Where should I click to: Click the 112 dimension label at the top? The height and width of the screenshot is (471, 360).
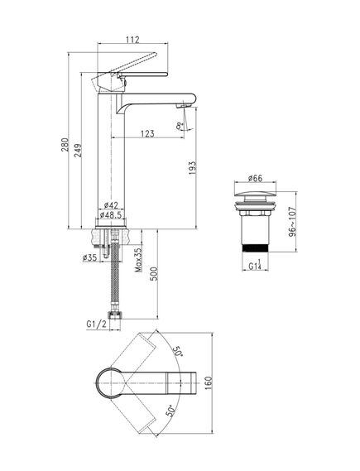(x=132, y=40)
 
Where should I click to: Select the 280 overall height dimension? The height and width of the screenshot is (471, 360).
(x=65, y=145)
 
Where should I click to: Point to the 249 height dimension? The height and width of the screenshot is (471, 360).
(x=78, y=151)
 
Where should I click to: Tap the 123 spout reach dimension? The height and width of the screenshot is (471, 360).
(x=147, y=133)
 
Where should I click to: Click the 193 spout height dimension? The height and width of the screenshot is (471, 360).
(x=192, y=168)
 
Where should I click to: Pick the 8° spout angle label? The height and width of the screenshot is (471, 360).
(x=180, y=126)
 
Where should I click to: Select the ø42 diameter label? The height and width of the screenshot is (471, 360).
(x=111, y=205)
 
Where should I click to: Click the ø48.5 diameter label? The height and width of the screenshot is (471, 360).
(x=111, y=215)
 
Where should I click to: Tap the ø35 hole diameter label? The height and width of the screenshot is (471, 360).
(x=89, y=257)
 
